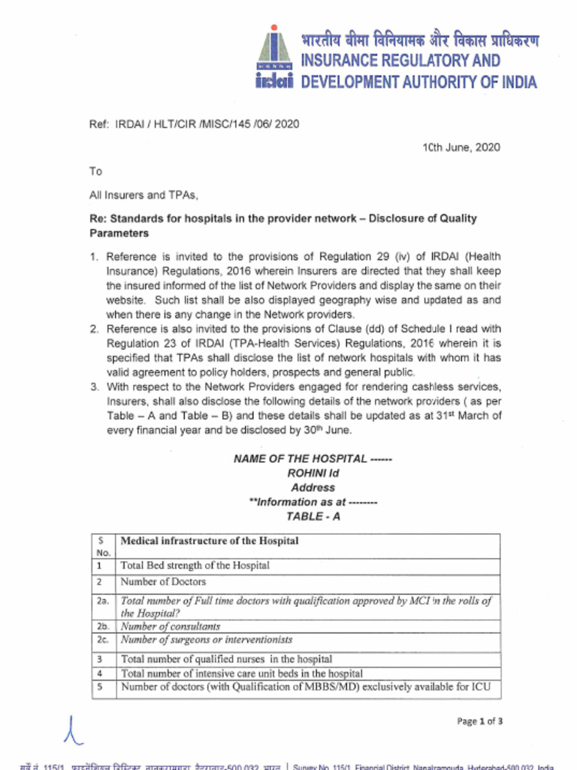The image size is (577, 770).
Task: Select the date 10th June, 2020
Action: tap(461, 147)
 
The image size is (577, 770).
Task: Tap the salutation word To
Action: tap(95, 171)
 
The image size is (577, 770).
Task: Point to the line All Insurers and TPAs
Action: tap(143, 196)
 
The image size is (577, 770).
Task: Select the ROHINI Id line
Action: tap(313, 473)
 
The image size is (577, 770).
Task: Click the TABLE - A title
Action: tap(313, 517)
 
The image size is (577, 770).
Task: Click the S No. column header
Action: tap(103, 546)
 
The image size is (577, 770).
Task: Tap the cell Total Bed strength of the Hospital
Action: tap(195, 565)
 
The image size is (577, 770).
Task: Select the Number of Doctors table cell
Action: tap(163, 582)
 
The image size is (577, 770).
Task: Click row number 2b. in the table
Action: tap(103, 626)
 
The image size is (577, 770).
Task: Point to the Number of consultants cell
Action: tap(171, 626)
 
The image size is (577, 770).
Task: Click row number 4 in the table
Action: tap(100, 673)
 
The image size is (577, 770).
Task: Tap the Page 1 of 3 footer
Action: tap(479, 722)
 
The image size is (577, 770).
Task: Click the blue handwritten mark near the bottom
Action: tap(72, 728)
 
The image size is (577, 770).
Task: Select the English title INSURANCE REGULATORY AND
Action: tap(400, 61)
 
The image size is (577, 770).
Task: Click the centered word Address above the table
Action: tap(313, 487)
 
